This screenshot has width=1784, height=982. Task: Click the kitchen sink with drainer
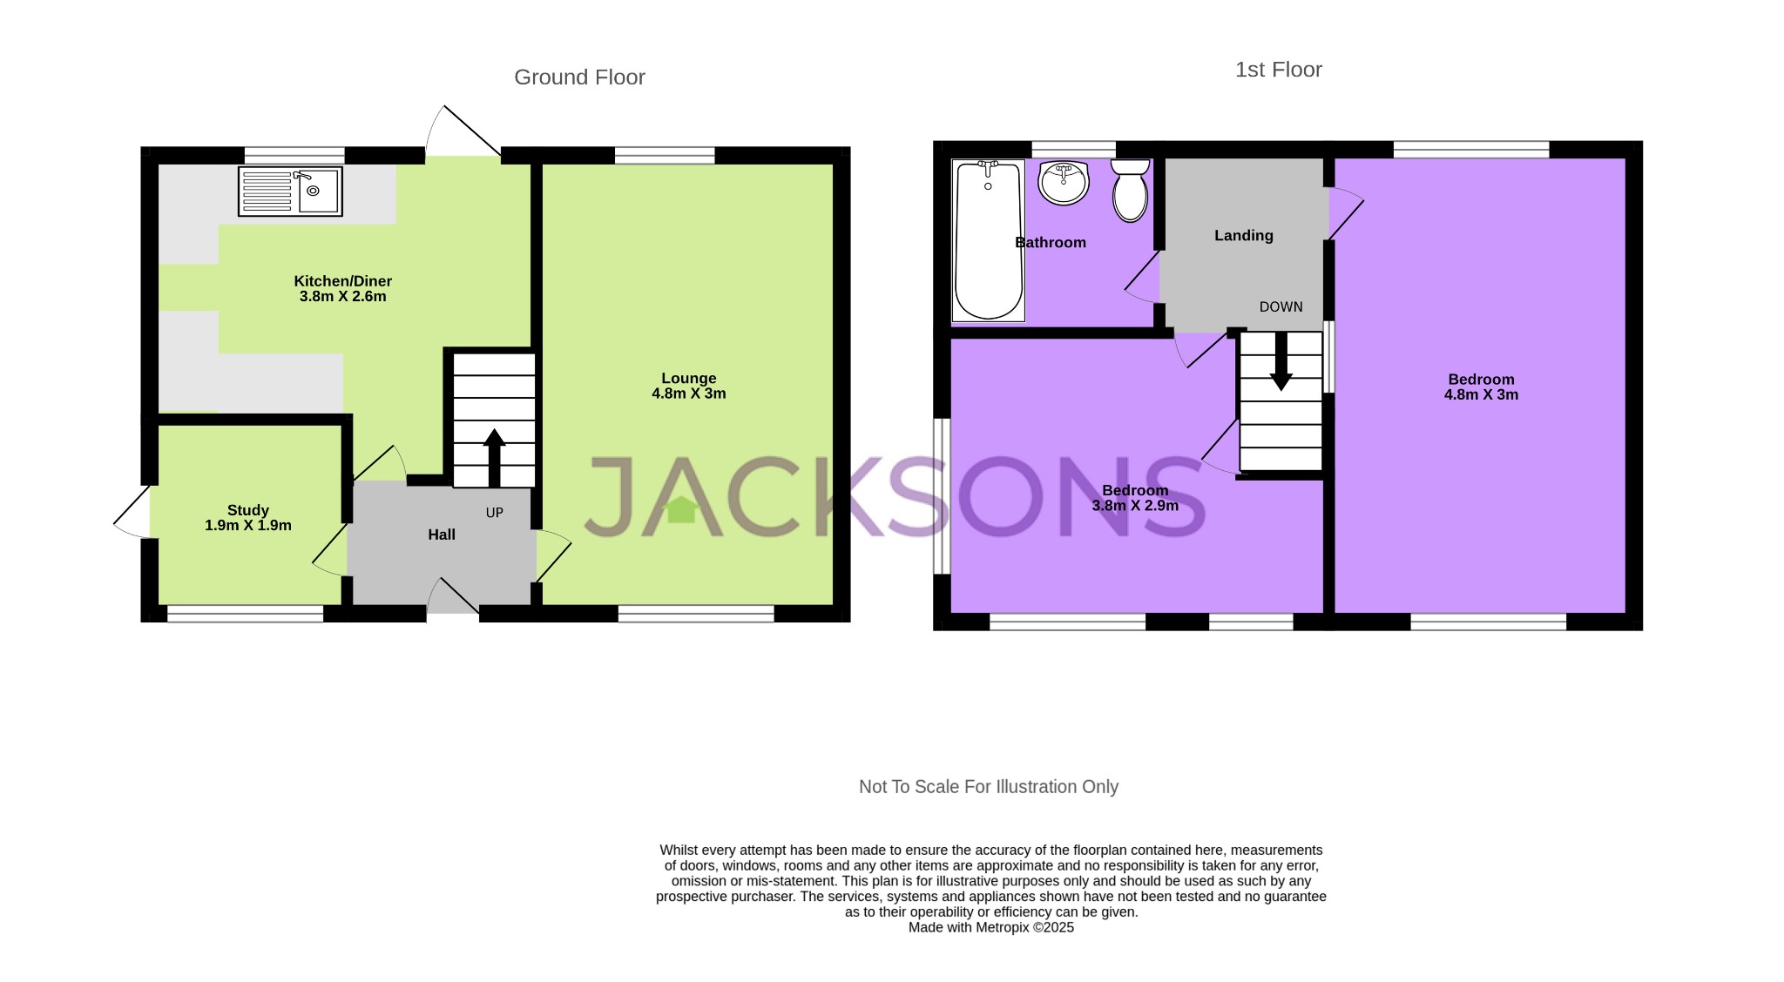click(x=290, y=192)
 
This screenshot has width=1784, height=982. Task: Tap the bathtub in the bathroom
click(x=988, y=240)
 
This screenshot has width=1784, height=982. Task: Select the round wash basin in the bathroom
click(x=1064, y=183)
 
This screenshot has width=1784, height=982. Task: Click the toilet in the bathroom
click(x=1130, y=190)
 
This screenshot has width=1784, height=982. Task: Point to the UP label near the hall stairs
click(x=494, y=513)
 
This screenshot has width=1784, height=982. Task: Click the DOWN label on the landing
click(x=1281, y=306)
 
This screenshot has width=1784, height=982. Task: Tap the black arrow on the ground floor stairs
click(x=494, y=456)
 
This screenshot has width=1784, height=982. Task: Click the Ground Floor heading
click(x=579, y=77)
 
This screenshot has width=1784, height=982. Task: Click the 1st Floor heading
click(x=1278, y=70)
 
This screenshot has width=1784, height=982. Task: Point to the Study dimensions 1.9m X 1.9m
click(x=248, y=526)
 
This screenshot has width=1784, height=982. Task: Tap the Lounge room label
click(x=688, y=378)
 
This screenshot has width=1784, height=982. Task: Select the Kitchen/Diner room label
click(x=342, y=280)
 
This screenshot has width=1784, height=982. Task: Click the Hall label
click(x=442, y=535)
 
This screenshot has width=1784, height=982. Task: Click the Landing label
click(x=1243, y=235)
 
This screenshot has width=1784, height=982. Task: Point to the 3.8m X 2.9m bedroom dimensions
click(x=1135, y=506)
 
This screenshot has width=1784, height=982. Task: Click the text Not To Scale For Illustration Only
click(x=988, y=786)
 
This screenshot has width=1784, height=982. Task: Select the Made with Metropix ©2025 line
click(x=990, y=928)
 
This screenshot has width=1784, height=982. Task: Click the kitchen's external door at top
click(x=463, y=139)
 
